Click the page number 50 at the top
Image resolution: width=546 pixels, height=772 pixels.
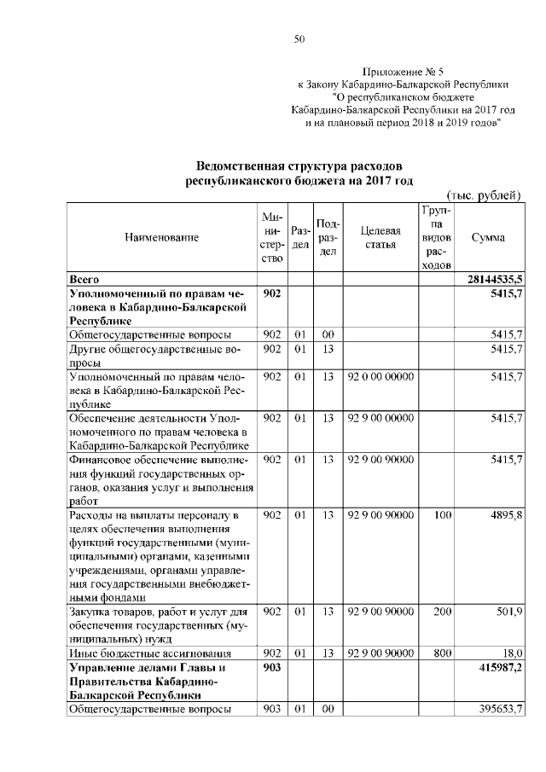pos(299,38)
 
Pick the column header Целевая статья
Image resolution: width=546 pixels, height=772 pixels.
pos(380,238)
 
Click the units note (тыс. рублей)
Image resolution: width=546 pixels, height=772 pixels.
pos(484,196)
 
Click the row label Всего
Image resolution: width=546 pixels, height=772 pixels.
pos(85,279)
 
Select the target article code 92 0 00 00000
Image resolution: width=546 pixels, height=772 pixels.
pos(380,376)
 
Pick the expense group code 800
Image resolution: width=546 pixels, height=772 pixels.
pos(442,653)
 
